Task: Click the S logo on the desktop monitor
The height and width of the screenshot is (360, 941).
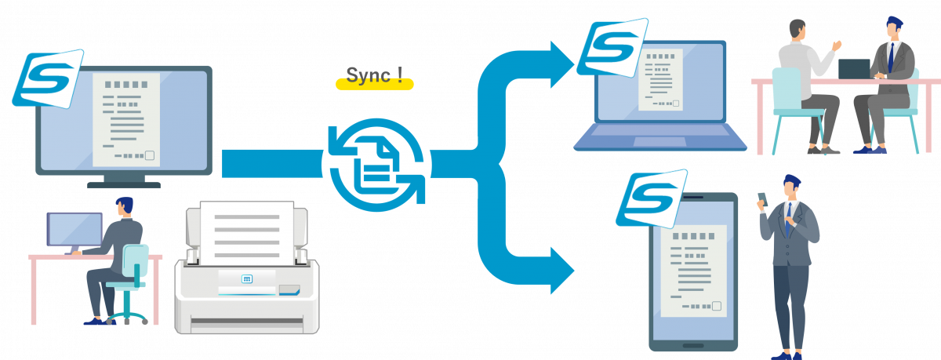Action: pyautogui.click(x=48, y=78)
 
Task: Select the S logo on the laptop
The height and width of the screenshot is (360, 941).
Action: pyautogui.click(x=612, y=48)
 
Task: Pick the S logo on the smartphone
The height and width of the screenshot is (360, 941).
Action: pyautogui.click(x=652, y=198)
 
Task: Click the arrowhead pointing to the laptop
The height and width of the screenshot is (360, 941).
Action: pyautogui.click(x=561, y=64)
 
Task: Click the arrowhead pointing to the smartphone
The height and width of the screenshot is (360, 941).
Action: pyautogui.click(x=561, y=271)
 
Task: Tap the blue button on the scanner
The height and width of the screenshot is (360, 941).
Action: pyautogui.click(x=247, y=279)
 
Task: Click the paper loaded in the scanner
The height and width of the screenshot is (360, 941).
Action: pyautogui.click(x=247, y=232)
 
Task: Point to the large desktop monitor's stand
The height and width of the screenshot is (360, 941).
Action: pyautogui.click(x=124, y=181)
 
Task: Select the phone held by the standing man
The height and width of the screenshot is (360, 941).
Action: pyautogui.click(x=763, y=199)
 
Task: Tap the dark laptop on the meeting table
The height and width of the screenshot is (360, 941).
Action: pyautogui.click(x=854, y=69)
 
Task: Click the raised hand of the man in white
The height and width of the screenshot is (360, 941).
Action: pyautogui.click(x=837, y=45)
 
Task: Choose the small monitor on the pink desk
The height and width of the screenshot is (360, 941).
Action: pyautogui.click(x=74, y=229)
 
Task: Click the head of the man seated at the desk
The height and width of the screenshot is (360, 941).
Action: pyautogui.click(x=125, y=206)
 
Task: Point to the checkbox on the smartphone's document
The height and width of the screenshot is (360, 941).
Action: pyautogui.click(x=717, y=306)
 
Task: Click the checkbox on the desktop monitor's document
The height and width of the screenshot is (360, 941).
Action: pyautogui.click(x=150, y=155)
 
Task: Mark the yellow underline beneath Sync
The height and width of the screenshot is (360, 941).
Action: pyautogui.click(x=375, y=85)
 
